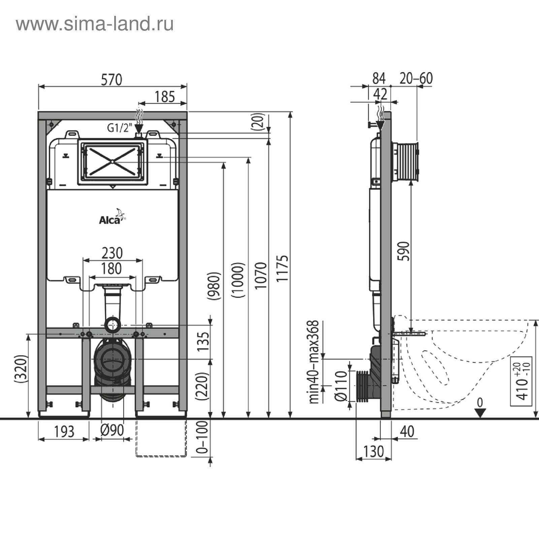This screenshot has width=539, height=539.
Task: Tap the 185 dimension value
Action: coord(165,97)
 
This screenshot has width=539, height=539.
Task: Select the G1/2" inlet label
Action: coord(118,128)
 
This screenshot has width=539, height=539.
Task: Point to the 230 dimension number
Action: coord(112,253)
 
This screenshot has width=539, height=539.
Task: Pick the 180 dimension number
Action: coord(112,269)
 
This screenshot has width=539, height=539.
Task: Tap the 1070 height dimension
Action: coord(261,276)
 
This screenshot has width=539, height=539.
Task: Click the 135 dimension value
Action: coord(203,342)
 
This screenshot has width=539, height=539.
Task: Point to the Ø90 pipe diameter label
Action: coord(112,430)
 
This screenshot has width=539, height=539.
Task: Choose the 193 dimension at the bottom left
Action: coord(64,432)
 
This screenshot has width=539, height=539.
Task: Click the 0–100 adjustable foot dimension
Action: coord(202,438)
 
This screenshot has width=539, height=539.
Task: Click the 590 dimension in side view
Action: coord(404,251)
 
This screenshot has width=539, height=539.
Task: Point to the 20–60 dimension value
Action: coord(416,78)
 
